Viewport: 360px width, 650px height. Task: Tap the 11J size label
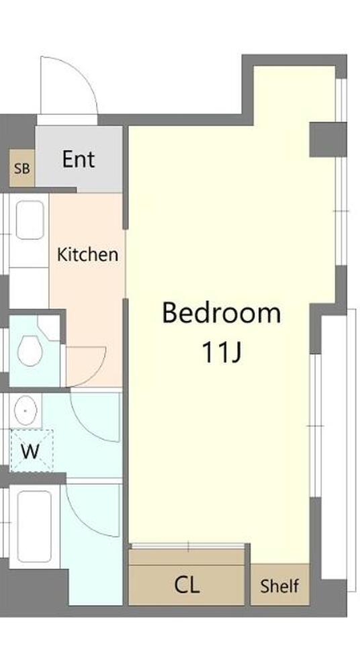[221, 353]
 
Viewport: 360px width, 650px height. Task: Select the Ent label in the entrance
[79, 159]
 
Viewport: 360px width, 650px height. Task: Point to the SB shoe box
[22, 169]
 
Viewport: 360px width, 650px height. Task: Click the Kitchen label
[87, 254]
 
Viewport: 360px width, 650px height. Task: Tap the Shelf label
[279, 586]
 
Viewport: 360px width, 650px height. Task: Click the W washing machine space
[31, 451]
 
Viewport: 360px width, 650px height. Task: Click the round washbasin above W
[26, 410]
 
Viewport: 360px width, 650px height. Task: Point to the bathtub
[34, 526]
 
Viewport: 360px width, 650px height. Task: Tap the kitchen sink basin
[30, 220]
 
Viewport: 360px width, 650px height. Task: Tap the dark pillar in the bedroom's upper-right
[328, 140]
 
